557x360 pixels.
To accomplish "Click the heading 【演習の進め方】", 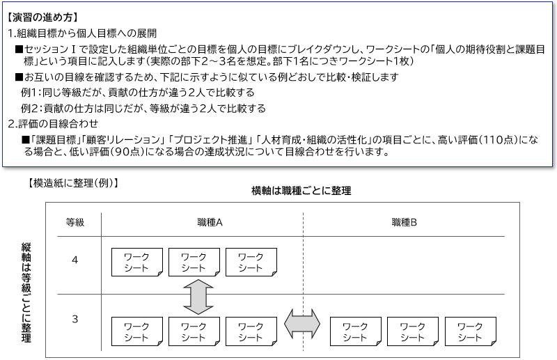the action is point(42,17).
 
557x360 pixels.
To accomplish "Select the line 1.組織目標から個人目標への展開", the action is point(82,33).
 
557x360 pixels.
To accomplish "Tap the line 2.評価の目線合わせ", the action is point(53,124).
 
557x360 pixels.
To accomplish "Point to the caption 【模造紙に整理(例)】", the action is point(72,183).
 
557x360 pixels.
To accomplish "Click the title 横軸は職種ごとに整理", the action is point(301,191).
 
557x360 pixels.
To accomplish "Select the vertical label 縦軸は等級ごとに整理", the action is point(26,292).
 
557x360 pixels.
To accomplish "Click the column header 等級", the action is point(75,222).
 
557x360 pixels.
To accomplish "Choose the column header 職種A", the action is point(210,222).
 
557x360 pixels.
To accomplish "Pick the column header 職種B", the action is point(405,222).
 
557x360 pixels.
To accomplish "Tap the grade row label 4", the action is point(74,260).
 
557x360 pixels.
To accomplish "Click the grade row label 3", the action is point(74,319).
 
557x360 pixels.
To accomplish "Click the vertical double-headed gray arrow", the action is point(198,297).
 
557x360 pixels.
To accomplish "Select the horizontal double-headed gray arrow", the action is point(302,324).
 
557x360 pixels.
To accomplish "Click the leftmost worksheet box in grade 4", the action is point(137,263).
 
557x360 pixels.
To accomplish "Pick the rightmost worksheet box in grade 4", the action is point(251,263).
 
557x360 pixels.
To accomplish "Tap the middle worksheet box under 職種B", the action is point(413,331).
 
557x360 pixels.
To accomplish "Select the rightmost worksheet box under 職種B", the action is point(471,331).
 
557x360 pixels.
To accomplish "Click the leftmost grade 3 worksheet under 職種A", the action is point(137,331).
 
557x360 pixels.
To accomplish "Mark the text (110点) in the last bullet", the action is point(497,140).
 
